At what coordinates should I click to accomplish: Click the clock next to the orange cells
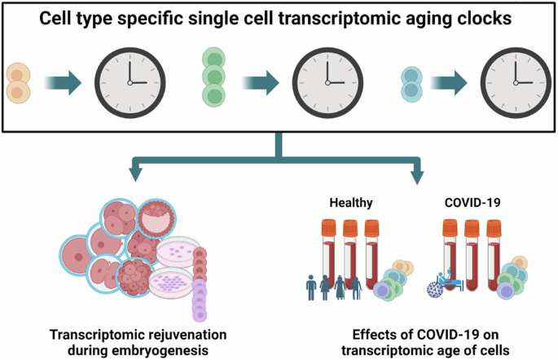[128, 81]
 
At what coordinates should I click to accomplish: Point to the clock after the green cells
[328, 81]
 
